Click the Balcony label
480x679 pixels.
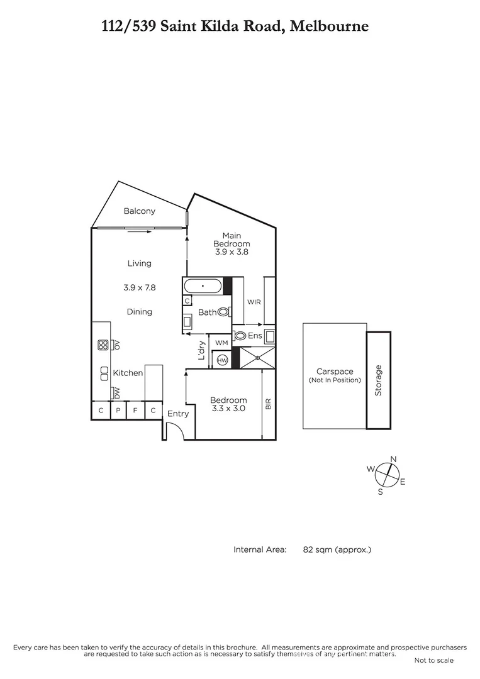point(139,211)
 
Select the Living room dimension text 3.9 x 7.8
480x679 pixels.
point(139,287)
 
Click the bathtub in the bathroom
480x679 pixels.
point(203,287)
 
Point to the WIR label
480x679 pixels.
point(254,302)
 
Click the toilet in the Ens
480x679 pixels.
point(240,336)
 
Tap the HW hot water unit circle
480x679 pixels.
point(222,360)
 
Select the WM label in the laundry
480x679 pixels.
point(221,343)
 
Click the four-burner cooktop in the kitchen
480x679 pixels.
point(103,345)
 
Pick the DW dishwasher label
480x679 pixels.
point(116,393)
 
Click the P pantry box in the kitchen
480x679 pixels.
point(118,411)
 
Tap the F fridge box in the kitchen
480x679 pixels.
point(135,411)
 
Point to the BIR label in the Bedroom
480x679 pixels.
point(268,404)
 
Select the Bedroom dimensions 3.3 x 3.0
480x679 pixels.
point(228,408)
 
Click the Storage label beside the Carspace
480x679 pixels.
point(378,380)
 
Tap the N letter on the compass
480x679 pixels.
point(394,460)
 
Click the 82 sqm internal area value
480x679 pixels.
point(337,549)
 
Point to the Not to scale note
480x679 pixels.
point(433,660)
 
